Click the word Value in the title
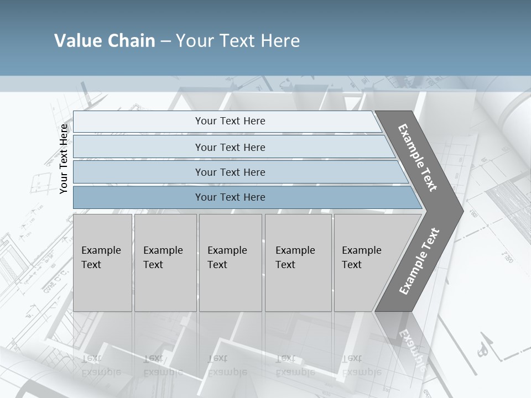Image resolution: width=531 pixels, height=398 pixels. click(77, 41)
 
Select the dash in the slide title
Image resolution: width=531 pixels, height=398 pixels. click(165, 41)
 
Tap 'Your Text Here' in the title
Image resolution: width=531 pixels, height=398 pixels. click(238, 41)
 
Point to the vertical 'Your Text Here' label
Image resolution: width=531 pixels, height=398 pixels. click(64, 159)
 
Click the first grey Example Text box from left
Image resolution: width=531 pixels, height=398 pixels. click(102, 263)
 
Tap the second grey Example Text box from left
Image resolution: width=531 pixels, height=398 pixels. click(165, 263)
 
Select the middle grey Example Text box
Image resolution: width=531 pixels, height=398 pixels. click(230, 263)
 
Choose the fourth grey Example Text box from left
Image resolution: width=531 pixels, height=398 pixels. click(298, 263)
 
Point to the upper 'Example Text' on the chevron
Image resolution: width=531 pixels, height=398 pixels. click(418, 158)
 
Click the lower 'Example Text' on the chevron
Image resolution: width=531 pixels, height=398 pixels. click(419, 261)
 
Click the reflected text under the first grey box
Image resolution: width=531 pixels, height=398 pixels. click(101, 365)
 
